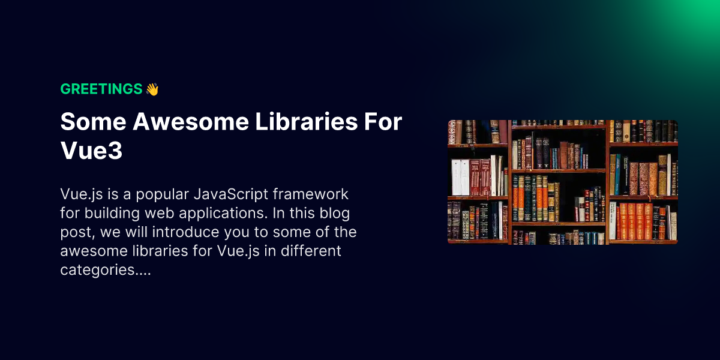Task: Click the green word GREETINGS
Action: coord(101,89)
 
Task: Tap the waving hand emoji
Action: coord(152,89)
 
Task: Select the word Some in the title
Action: coord(92,122)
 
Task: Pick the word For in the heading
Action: coord(382,122)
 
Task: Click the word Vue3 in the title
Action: coord(91,151)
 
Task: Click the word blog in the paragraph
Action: coord(336,213)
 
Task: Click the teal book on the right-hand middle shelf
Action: coord(617,175)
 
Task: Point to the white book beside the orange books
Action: coord(613,221)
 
